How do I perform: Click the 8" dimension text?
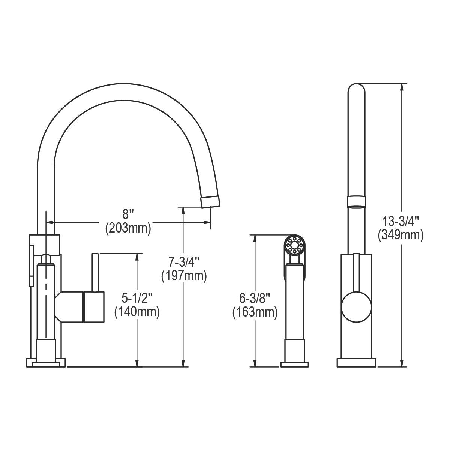pyautogui.click(x=128, y=215)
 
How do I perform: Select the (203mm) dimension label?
pyautogui.click(x=128, y=228)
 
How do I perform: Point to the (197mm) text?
pyautogui.click(x=184, y=276)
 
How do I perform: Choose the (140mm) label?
pyautogui.click(x=137, y=312)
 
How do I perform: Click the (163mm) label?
pyautogui.click(x=255, y=312)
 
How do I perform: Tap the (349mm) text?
pyautogui.click(x=400, y=235)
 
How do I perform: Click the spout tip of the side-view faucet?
pyautogui.click(x=210, y=201)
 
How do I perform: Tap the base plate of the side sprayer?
pyautogui.click(x=295, y=364)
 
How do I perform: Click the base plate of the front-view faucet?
pyautogui.click(x=356, y=363)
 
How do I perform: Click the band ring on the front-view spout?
pyautogui.click(x=356, y=201)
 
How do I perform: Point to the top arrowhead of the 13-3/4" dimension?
pyautogui.click(x=402, y=87)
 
